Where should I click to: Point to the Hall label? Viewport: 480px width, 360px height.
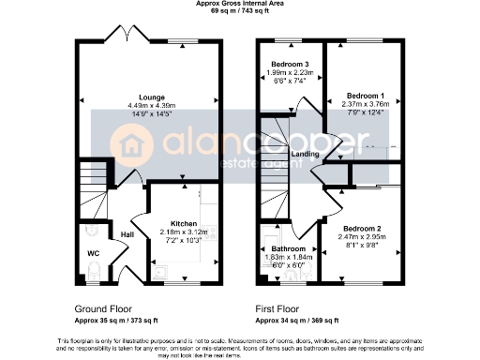127,233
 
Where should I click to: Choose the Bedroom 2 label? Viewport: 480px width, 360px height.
361,230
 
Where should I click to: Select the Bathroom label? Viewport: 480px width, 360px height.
282,248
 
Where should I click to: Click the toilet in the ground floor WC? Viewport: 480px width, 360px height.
92,272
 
